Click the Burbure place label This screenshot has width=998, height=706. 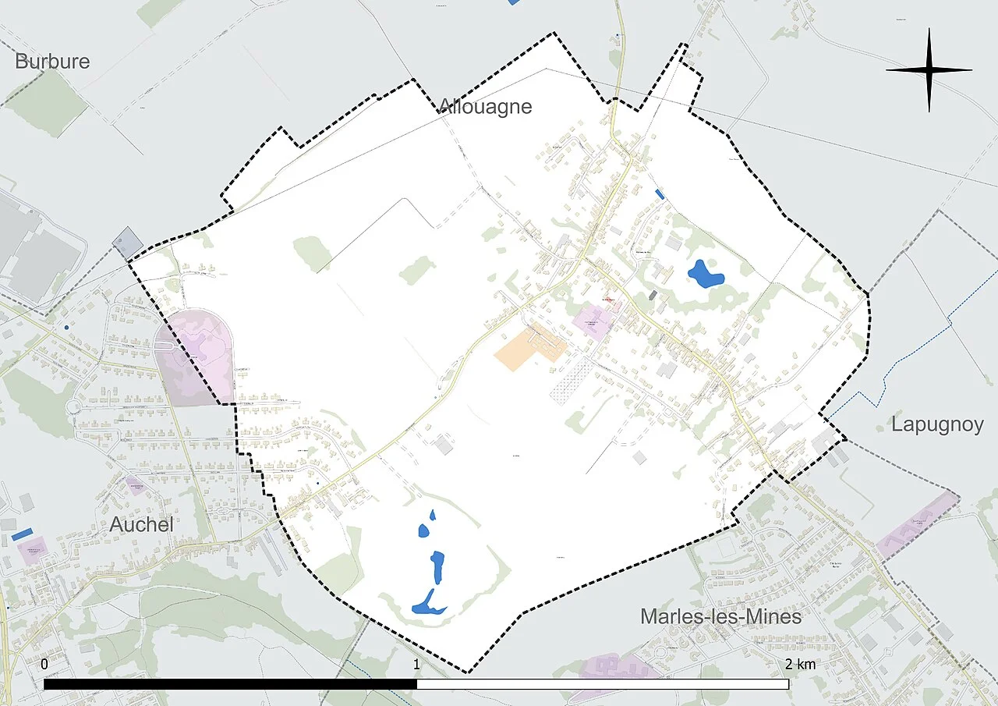[x=52, y=62]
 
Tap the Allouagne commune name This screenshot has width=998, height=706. [x=485, y=107]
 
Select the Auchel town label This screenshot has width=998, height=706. [x=141, y=524]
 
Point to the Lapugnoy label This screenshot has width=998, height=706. [x=937, y=424]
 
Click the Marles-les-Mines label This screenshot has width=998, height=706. [x=720, y=616]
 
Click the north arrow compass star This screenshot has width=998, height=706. [x=929, y=70]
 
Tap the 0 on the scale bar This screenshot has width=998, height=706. [x=44, y=665]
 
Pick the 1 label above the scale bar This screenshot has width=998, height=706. [x=416, y=665]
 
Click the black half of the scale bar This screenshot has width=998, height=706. [x=230, y=684]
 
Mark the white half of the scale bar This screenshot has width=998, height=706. [x=602, y=684]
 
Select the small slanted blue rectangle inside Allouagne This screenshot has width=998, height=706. [x=660, y=194]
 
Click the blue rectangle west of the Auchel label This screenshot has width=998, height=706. [x=23, y=534]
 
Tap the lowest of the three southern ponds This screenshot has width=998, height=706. [x=427, y=603]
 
